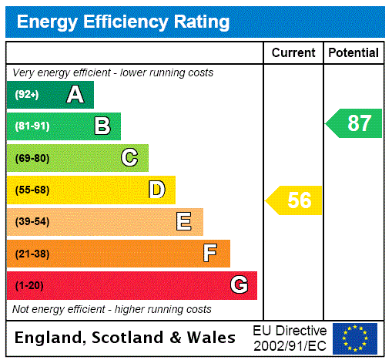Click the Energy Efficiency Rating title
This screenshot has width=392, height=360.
click(x=123, y=22)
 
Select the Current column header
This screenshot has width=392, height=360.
click(x=293, y=53)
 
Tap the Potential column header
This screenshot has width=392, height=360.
click(x=353, y=53)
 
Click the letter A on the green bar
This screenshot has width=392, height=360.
click(x=75, y=95)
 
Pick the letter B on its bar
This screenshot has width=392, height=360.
click(x=102, y=126)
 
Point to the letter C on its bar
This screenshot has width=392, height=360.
click(x=129, y=158)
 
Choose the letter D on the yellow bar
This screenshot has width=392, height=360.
click(x=156, y=190)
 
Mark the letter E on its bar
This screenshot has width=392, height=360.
click(x=184, y=222)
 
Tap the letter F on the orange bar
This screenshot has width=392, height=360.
click(x=210, y=254)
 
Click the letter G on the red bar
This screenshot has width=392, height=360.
click(x=239, y=285)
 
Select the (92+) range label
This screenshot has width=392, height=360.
click(x=27, y=95)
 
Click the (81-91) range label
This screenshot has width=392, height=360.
click(x=32, y=126)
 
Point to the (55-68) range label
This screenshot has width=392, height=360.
click(x=32, y=190)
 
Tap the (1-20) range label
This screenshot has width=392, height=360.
click(x=29, y=285)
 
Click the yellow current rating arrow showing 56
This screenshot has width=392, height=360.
click(x=295, y=200)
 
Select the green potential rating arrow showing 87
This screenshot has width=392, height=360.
click(x=355, y=123)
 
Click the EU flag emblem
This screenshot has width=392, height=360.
click(x=355, y=338)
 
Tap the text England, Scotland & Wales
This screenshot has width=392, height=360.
click(x=126, y=338)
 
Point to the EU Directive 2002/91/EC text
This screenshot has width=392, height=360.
click(x=290, y=338)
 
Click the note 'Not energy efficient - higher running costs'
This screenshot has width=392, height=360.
click(x=112, y=309)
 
